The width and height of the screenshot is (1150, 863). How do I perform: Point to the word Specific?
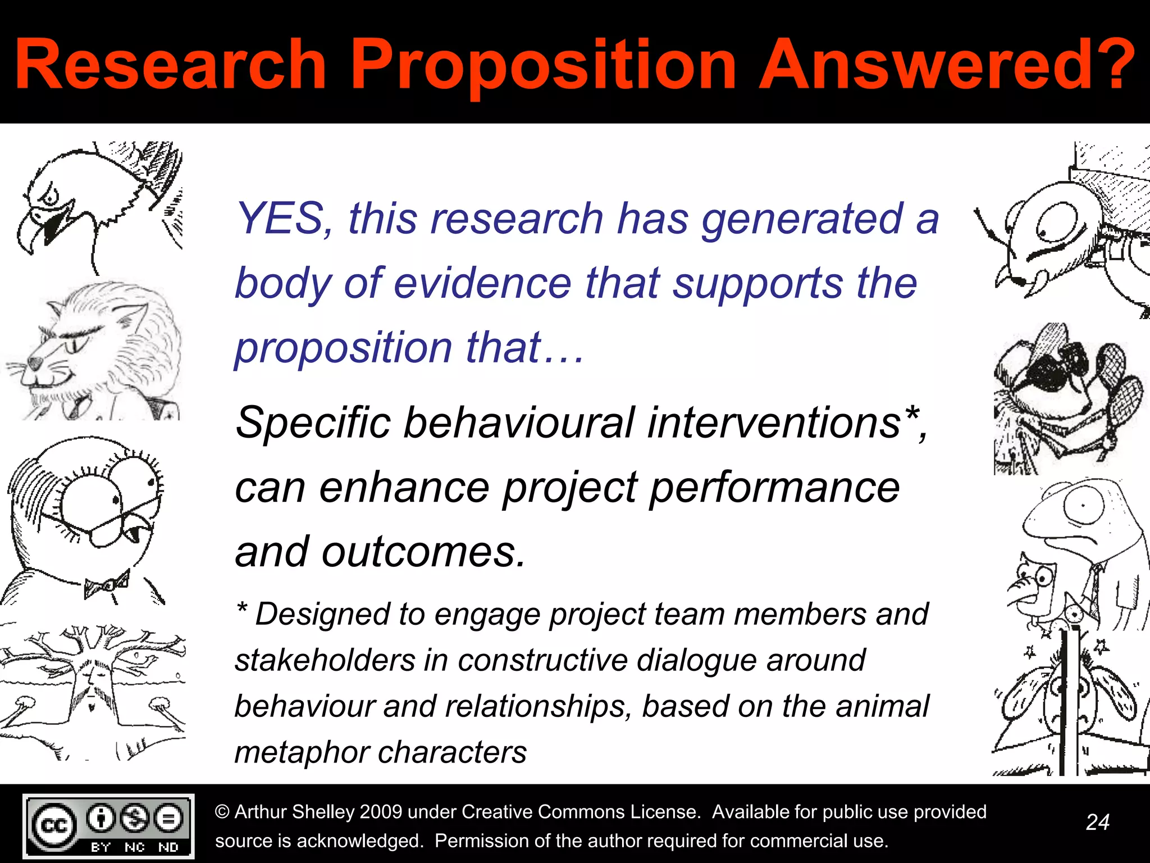click(x=312, y=423)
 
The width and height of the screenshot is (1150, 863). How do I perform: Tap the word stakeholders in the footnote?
click(x=325, y=660)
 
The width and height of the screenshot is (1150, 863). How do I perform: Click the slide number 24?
click(x=1097, y=823)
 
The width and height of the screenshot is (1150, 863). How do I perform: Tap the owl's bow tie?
click(x=107, y=585)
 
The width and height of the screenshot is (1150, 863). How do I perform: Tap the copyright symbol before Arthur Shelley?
click(x=222, y=812)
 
